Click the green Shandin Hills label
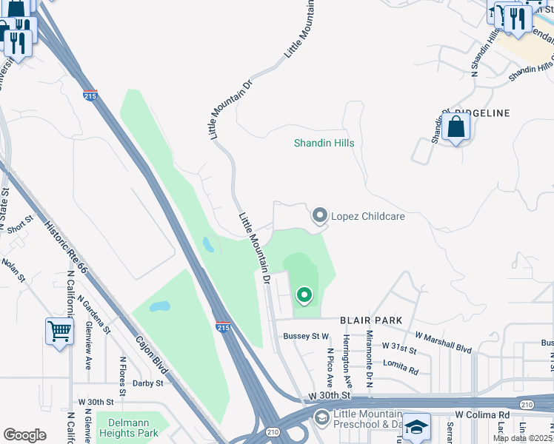click(324, 143)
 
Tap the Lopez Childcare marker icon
click(320, 215)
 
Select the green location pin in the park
click(304, 295)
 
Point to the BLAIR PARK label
click(371, 320)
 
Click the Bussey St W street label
click(306, 336)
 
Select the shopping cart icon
click(59, 331)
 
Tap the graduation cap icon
click(417, 427)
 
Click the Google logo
click(24, 435)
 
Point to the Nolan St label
click(13, 269)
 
